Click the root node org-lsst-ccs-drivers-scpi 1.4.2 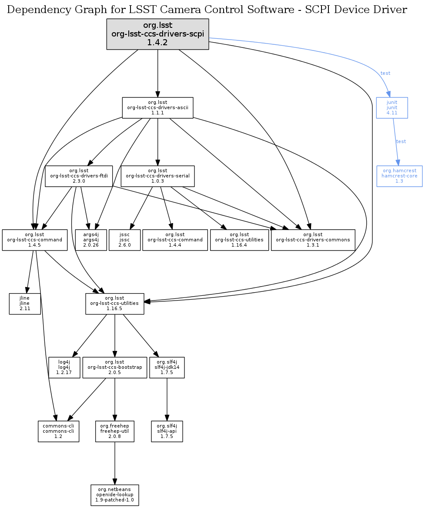[x=157, y=34]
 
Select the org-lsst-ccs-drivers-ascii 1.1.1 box [x=157, y=107]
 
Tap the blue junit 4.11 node [x=392, y=107]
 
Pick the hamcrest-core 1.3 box [x=399, y=176]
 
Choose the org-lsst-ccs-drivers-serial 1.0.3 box [x=157, y=176]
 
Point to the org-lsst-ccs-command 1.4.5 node [x=35, y=240]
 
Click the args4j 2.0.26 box [x=91, y=240]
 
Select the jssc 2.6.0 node [x=125, y=240]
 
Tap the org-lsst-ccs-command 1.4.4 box [x=175, y=240]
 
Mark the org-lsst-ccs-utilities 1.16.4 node [x=239, y=240]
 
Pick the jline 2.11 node [x=25, y=304]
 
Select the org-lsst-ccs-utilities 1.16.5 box [x=114, y=304]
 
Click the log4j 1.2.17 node [x=64, y=368]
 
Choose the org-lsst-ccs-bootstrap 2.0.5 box [x=114, y=368]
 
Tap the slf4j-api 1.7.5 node [x=167, y=431]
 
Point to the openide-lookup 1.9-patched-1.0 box [x=115, y=495]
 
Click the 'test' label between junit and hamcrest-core [x=401, y=141]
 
